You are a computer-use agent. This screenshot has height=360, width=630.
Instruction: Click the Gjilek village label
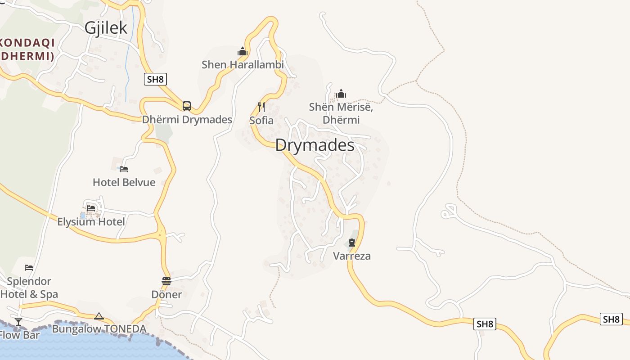(106, 28)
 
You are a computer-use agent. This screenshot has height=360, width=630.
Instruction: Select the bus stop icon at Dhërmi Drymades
(187, 106)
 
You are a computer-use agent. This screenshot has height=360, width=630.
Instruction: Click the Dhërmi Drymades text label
(187, 120)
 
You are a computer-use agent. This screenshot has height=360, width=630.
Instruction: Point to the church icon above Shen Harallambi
(243, 51)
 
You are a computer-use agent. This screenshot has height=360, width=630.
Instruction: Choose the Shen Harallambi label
(243, 65)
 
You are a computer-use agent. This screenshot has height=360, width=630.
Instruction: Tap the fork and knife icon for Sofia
(261, 107)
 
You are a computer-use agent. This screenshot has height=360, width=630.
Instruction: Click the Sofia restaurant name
(261, 121)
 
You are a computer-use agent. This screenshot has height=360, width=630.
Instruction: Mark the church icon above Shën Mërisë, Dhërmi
(341, 94)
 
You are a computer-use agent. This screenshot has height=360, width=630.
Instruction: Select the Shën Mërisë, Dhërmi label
(341, 113)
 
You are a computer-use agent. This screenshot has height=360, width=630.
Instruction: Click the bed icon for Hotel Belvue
(124, 169)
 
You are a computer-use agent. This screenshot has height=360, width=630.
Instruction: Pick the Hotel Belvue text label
(124, 182)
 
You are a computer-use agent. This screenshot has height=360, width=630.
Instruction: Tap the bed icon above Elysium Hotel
(91, 208)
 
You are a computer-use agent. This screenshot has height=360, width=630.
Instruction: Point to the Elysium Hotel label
(91, 222)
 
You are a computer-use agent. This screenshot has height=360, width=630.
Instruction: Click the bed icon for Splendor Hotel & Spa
(29, 267)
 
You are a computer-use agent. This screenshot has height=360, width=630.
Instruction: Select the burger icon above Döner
(166, 281)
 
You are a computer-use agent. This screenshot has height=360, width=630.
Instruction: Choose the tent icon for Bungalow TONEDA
(99, 316)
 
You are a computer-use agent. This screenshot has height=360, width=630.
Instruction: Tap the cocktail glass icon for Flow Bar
(18, 321)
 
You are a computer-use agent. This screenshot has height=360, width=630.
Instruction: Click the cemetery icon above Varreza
(352, 243)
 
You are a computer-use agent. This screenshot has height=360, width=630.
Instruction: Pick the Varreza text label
(352, 256)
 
